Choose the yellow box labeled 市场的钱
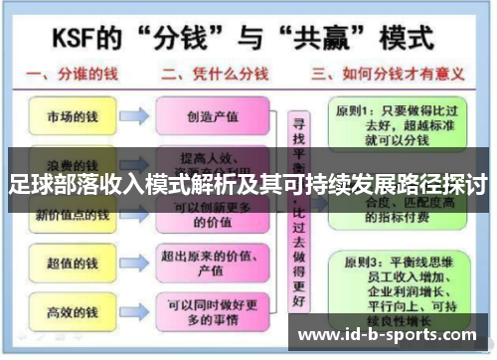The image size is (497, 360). click(68, 116)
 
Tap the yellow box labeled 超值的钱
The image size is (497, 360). click(68, 263)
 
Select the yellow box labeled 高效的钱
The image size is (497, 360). click(68, 312)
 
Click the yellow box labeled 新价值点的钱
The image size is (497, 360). click(68, 215)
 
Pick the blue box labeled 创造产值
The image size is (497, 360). click(213, 116)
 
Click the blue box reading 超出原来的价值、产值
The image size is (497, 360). click(213, 263)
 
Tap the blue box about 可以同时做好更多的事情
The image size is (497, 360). click(213, 312)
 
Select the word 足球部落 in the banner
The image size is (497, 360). click(49, 184)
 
